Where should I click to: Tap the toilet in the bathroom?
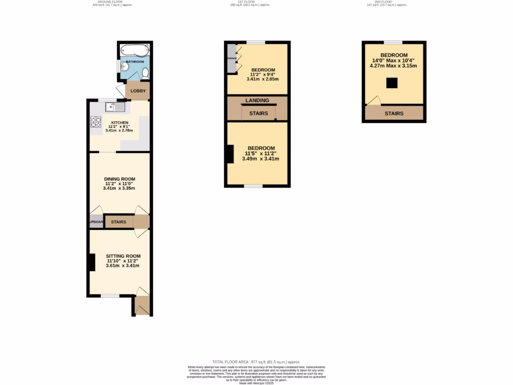[145, 74]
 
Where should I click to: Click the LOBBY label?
[138, 91]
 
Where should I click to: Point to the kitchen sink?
[115, 107]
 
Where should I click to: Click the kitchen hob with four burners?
[96, 122]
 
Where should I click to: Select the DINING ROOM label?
[119, 179]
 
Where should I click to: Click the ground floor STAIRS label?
[118, 222]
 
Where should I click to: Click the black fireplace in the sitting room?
[92, 263]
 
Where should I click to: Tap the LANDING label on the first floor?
[257, 100]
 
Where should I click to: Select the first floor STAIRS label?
[259, 113]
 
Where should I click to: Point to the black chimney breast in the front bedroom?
[230, 154]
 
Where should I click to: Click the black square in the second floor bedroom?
[392, 83]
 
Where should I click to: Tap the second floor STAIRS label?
[394, 113]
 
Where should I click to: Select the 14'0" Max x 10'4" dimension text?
[393, 61]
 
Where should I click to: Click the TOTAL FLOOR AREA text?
[256, 361]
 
